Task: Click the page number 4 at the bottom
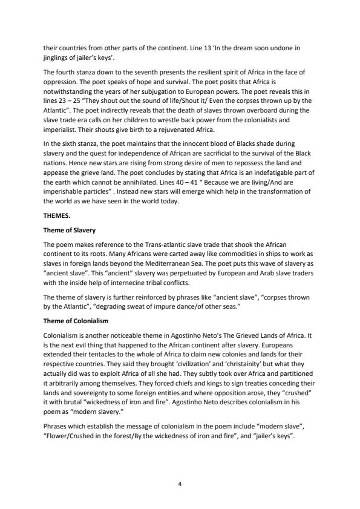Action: click(x=180, y=467)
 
